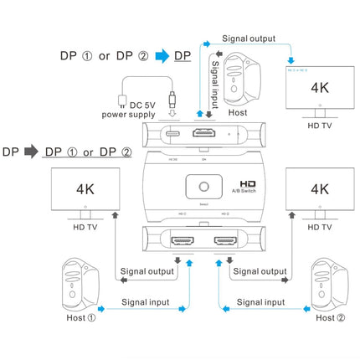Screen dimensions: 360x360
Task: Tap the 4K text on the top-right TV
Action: [319, 86]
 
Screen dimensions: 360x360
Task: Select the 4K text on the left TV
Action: [81, 188]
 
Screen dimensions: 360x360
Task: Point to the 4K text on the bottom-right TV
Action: [319, 188]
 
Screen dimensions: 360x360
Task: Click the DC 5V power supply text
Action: [131, 109]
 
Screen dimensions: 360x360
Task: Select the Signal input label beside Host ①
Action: [145, 302]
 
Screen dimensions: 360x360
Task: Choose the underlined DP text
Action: [182, 56]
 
